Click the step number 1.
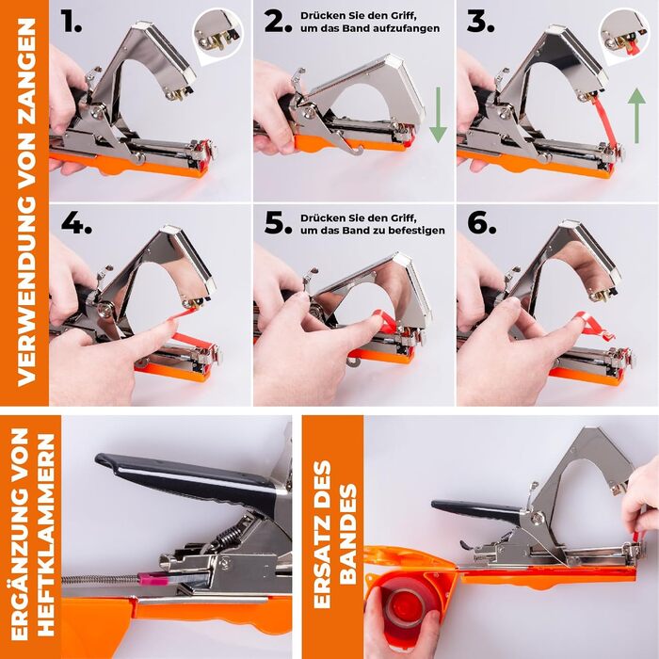click(x=71, y=22)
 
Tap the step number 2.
click(x=278, y=22)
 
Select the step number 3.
click(x=480, y=22)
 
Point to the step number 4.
click(x=76, y=223)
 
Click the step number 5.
click(x=278, y=223)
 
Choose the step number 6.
click(x=482, y=223)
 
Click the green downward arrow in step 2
click(x=438, y=115)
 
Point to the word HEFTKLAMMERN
click(x=46, y=535)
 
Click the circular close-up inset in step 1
click(x=218, y=35)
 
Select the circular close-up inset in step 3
click(x=625, y=35)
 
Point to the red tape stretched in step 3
click(x=604, y=121)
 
